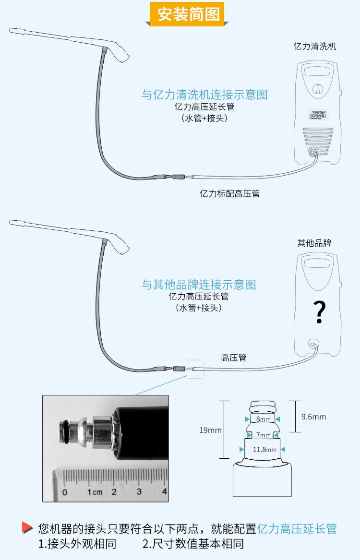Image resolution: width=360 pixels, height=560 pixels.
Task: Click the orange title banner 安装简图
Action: point(189,14)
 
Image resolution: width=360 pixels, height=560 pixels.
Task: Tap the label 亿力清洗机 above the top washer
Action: point(315,47)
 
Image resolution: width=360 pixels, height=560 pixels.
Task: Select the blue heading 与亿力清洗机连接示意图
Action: point(204,95)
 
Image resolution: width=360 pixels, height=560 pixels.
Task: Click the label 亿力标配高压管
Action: point(229,194)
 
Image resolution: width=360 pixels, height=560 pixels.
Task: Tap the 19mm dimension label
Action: point(210,430)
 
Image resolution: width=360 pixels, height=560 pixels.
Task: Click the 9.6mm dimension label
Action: point(313,417)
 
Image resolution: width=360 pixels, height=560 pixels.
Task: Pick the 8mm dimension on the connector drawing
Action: point(263,419)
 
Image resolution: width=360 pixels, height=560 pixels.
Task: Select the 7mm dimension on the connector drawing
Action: point(263,435)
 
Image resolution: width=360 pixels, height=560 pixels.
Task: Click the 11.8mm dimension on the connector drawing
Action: point(264,449)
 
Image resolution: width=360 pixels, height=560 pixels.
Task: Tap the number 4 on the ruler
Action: point(164,492)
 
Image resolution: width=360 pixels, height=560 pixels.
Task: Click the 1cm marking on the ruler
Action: point(95,492)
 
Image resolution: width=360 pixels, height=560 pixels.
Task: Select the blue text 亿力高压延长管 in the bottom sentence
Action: point(297,529)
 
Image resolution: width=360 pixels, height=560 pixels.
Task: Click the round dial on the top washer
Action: point(317,89)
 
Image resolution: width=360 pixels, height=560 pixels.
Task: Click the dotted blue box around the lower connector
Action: point(195,369)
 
